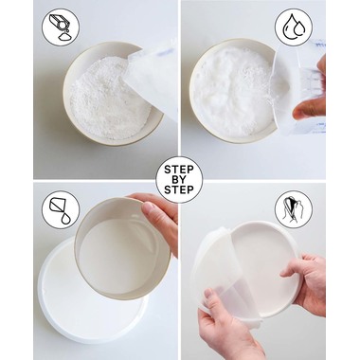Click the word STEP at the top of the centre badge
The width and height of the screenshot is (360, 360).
(x=179, y=170)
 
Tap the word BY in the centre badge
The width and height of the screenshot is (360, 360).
(x=179, y=180)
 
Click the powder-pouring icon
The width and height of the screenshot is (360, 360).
(x=61, y=27)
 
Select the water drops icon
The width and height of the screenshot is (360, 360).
(x=294, y=27)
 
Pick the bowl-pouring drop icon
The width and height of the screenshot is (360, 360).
(x=61, y=209)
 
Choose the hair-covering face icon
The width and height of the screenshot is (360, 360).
(x=294, y=209)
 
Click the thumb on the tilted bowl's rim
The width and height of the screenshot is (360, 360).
(x=150, y=210)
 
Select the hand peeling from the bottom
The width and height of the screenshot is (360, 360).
(x=227, y=329)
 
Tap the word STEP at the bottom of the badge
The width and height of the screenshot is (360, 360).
(x=179, y=189)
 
